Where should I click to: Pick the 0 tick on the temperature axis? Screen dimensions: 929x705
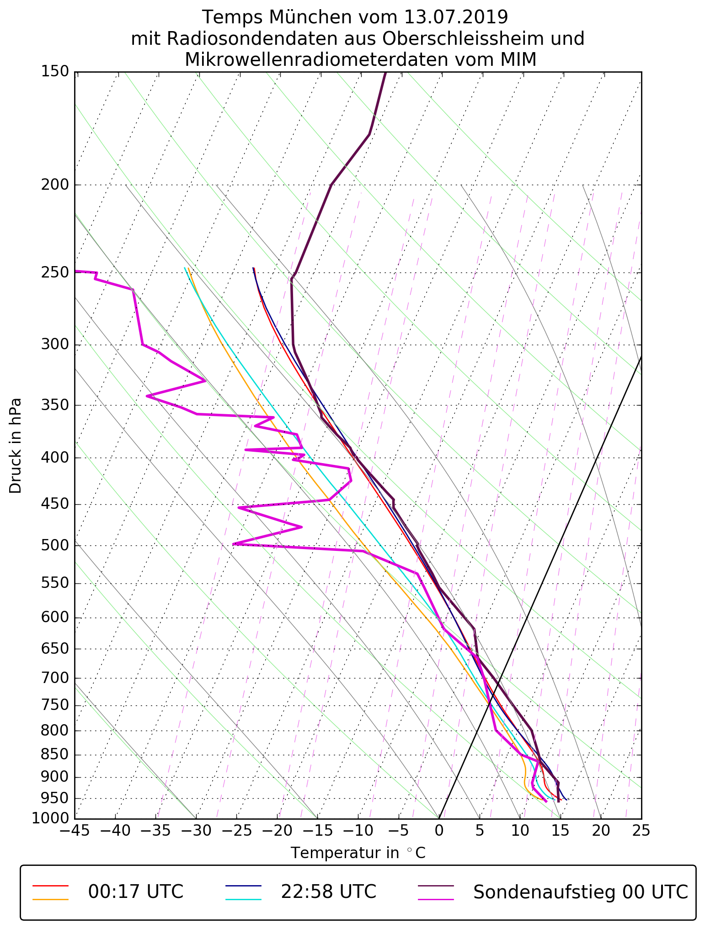[439, 831]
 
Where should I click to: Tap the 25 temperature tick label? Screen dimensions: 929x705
[641, 831]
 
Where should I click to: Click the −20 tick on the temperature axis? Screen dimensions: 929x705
[277, 831]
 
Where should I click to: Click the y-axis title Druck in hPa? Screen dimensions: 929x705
[16, 446]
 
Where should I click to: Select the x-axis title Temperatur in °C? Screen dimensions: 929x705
[358, 853]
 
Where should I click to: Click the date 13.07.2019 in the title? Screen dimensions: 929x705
[456, 17]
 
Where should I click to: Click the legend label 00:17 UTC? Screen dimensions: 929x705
[136, 892]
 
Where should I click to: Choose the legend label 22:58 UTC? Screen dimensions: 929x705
[328, 892]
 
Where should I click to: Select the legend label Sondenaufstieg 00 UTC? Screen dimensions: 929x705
[580, 892]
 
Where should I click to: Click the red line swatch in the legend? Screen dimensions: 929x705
[50, 886]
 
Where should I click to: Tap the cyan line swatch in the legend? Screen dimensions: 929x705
[243, 899]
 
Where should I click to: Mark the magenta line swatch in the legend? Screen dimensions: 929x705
[436, 899]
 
